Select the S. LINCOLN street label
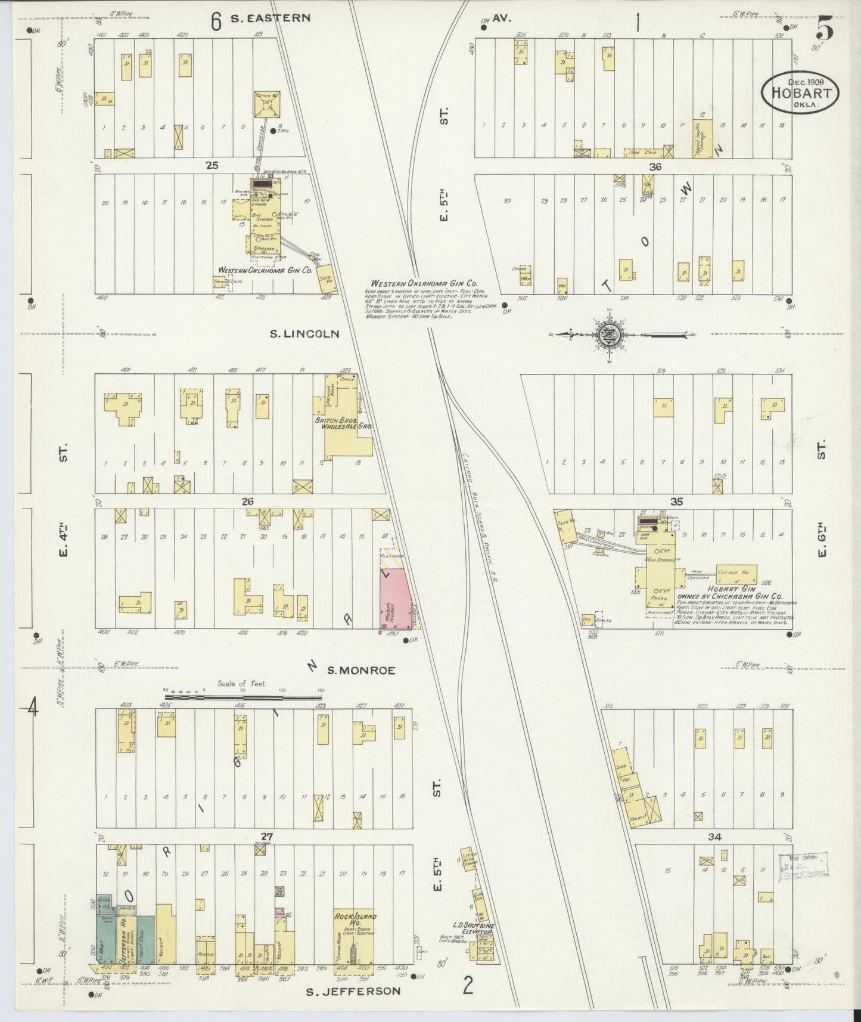point(304,334)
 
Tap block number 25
point(212,166)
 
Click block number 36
point(655,167)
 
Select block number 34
point(715,837)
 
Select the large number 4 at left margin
point(33,709)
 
